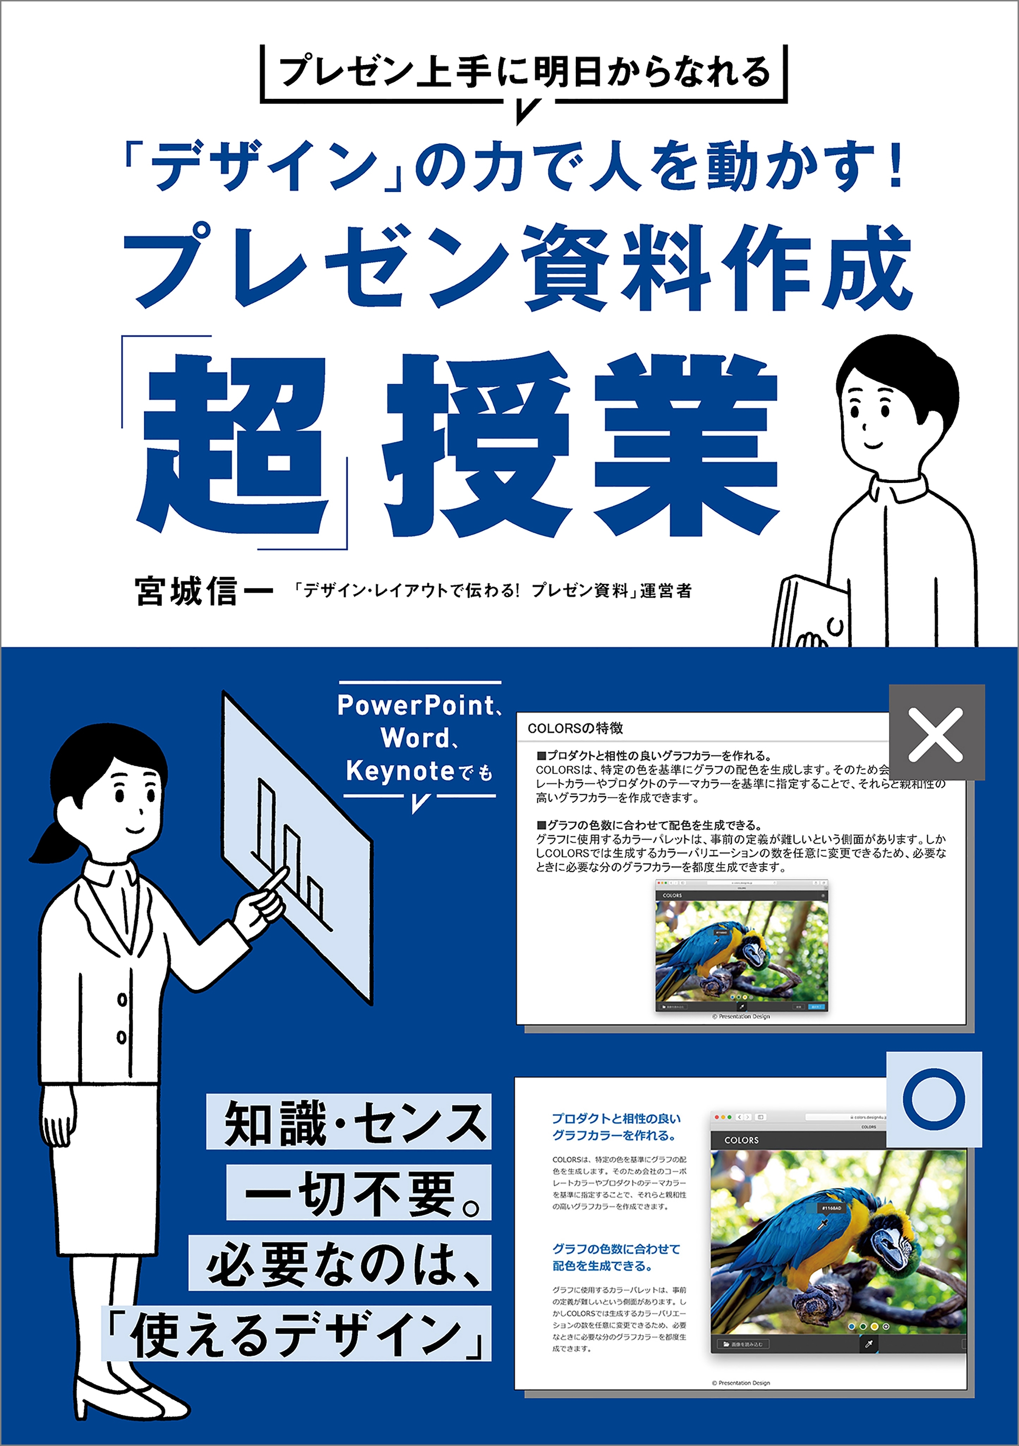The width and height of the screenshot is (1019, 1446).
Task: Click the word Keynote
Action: pos(400,771)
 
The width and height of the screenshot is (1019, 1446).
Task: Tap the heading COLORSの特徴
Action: pos(575,728)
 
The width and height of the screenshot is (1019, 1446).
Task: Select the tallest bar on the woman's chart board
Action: pos(266,819)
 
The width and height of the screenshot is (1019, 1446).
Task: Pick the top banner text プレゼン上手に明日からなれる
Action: pos(524,71)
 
